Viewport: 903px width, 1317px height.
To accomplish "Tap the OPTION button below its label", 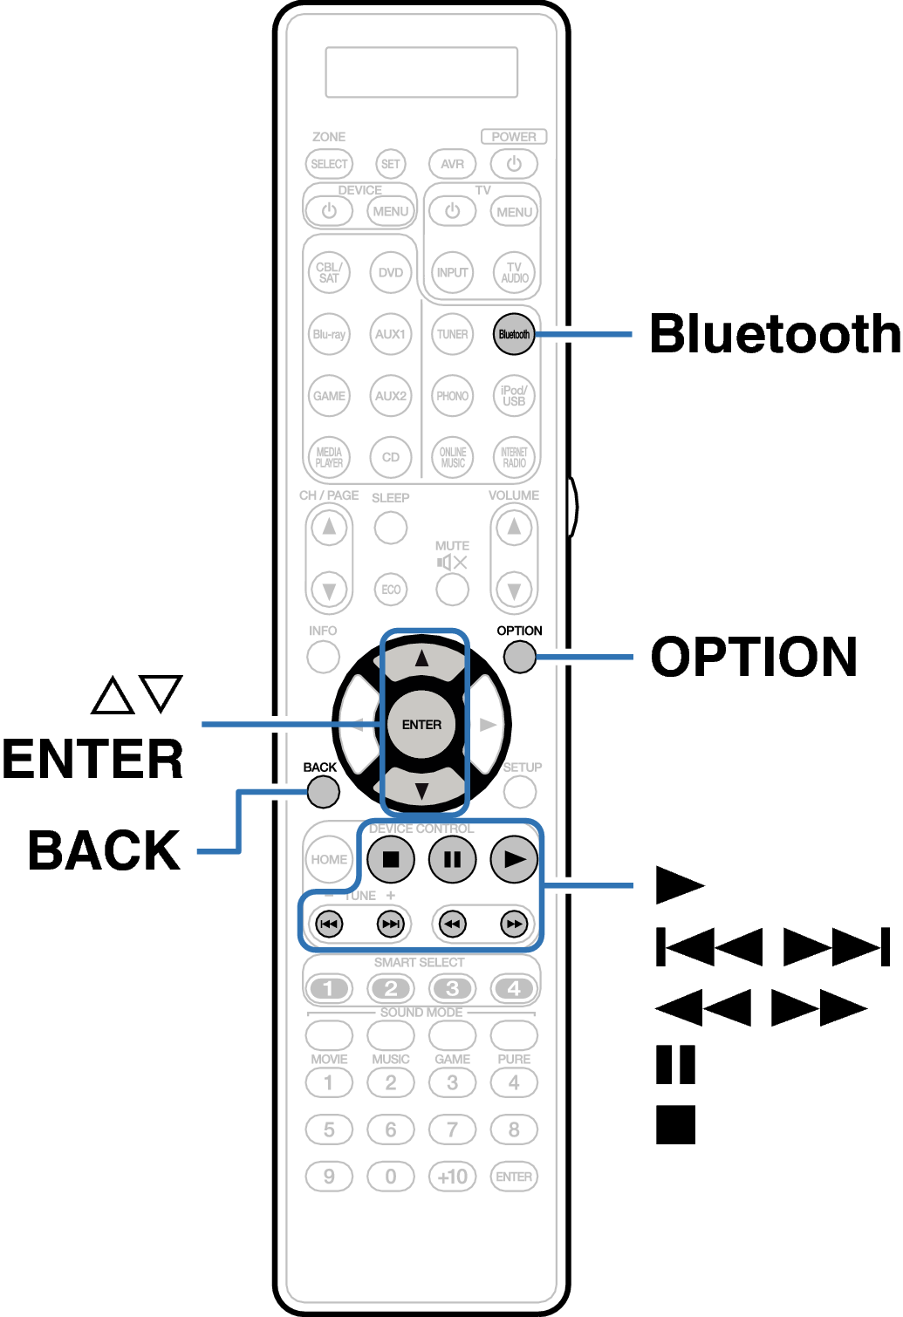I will click(x=520, y=657).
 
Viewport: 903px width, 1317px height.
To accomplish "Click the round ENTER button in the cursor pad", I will click(x=421, y=724).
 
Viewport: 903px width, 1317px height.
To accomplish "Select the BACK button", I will click(x=323, y=792).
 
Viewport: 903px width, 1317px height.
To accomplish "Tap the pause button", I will click(x=452, y=859).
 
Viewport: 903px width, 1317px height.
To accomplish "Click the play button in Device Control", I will click(x=514, y=859).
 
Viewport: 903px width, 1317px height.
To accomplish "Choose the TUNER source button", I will click(x=452, y=334).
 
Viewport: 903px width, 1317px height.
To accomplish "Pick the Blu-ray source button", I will click(x=329, y=334).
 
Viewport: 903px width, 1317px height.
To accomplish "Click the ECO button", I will click(x=391, y=590).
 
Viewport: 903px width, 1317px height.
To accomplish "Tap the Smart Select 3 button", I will click(x=452, y=988).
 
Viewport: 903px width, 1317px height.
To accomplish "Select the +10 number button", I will click(x=452, y=1177).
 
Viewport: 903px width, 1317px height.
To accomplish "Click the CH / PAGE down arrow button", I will click(x=329, y=590).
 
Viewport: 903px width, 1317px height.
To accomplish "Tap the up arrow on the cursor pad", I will click(x=422, y=659).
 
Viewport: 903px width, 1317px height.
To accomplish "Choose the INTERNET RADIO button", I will click(x=514, y=457).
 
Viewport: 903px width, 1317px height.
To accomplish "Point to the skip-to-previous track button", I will click(x=329, y=924).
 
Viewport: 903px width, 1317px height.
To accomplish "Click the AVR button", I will click(x=452, y=164).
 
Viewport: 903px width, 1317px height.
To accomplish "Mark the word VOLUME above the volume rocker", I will click(x=514, y=495).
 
